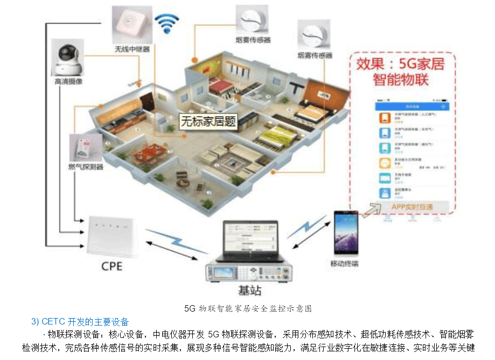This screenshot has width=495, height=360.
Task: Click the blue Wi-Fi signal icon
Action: pyautogui.click(x=166, y=24)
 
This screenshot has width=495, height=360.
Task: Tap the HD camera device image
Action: pyautogui.click(x=67, y=58)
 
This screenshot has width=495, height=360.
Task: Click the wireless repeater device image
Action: pyautogui.click(x=131, y=24)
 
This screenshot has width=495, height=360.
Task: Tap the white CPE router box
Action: pyautogui.click(x=112, y=235)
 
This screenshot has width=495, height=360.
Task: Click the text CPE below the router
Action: pyautogui.click(x=112, y=266)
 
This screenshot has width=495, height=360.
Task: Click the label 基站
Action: pyautogui.click(x=249, y=291)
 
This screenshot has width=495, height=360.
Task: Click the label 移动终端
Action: pyautogui.click(x=344, y=264)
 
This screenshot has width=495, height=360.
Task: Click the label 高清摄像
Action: pyautogui.click(x=68, y=82)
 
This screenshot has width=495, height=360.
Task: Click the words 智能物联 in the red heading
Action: pyautogui.click(x=401, y=81)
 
